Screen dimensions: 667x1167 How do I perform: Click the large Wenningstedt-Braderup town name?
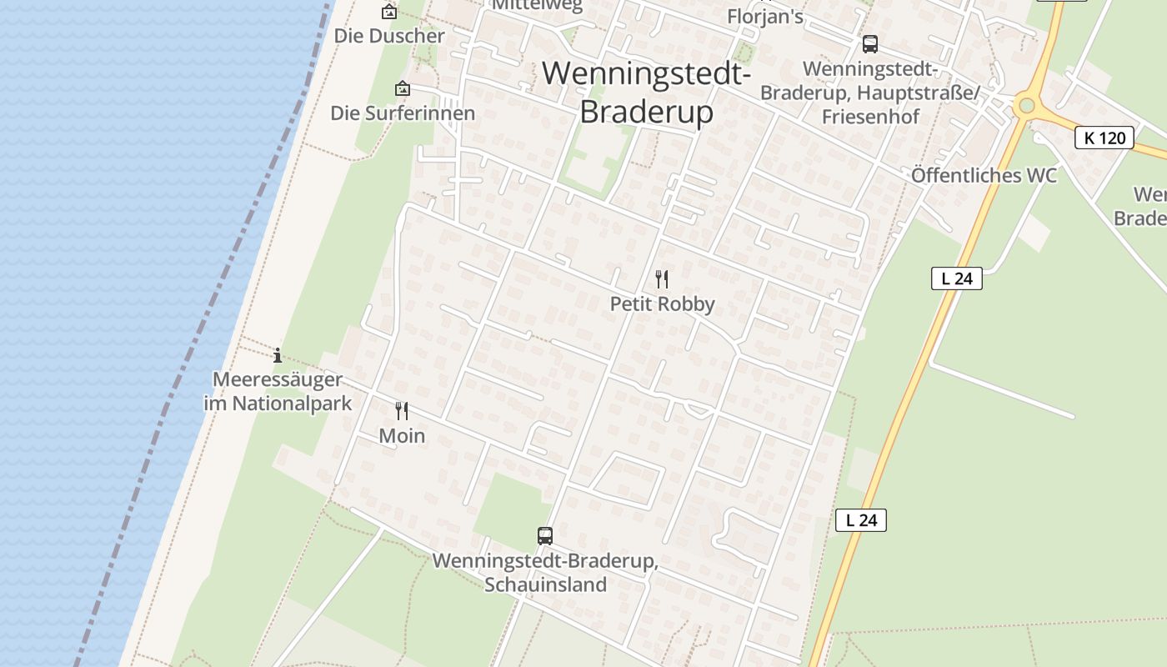(x=646, y=92)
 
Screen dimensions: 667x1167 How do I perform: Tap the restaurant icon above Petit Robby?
(x=662, y=278)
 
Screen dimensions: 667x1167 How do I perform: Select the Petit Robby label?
(x=662, y=303)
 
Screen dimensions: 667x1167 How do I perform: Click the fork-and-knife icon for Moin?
(x=402, y=410)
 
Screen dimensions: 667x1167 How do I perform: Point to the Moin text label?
(x=402, y=435)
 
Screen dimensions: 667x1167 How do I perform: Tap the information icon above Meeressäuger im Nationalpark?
(x=278, y=356)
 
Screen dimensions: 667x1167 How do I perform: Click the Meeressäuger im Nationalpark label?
(x=278, y=392)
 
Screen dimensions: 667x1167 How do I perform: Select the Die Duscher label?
(x=389, y=36)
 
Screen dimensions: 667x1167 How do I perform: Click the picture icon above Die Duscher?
(x=388, y=12)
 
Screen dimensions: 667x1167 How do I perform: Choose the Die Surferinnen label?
(x=403, y=113)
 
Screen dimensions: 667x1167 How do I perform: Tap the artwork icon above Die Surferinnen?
(x=403, y=88)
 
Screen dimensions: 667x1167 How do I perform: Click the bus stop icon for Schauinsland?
(x=545, y=535)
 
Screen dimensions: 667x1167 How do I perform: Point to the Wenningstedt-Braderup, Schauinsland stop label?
(x=545, y=572)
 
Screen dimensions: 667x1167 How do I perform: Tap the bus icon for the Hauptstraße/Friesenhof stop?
(x=870, y=44)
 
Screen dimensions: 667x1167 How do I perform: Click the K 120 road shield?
(x=1104, y=138)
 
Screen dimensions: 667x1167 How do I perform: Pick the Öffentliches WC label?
(x=984, y=175)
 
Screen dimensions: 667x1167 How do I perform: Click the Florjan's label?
(x=765, y=16)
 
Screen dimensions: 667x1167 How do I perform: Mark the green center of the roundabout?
(x=1027, y=106)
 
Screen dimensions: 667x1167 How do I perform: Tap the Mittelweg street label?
(x=537, y=5)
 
